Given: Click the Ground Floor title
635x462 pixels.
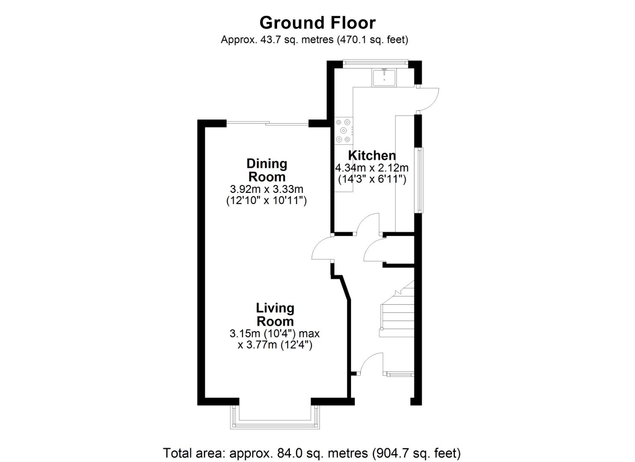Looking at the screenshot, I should pyautogui.click(x=317, y=22).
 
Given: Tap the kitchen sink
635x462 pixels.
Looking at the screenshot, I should pyautogui.click(x=384, y=77).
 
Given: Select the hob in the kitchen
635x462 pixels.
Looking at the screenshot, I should pyautogui.click(x=343, y=130).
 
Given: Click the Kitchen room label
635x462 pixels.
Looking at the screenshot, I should pyautogui.click(x=372, y=155).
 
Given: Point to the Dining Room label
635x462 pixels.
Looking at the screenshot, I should pyautogui.click(x=267, y=170).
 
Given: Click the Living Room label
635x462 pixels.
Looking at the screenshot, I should pyautogui.click(x=275, y=314).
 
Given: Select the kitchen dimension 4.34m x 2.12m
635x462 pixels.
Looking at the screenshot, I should pyautogui.click(x=372, y=168).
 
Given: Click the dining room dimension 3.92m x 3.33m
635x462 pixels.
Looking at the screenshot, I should pyautogui.click(x=266, y=189).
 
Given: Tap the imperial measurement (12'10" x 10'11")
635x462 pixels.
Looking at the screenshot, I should pyautogui.click(x=266, y=200).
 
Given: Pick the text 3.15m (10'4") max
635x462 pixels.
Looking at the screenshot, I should pyautogui.click(x=275, y=333).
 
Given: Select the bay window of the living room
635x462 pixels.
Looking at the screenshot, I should pyautogui.click(x=275, y=421).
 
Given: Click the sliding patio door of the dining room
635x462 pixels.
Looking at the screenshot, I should pyautogui.click(x=267, y=124).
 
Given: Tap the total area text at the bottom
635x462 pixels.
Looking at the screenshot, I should pyautogui.click(x=312, y=453).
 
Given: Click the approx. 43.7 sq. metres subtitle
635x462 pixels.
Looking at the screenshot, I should pyautogui.click(x=314, y=40).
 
